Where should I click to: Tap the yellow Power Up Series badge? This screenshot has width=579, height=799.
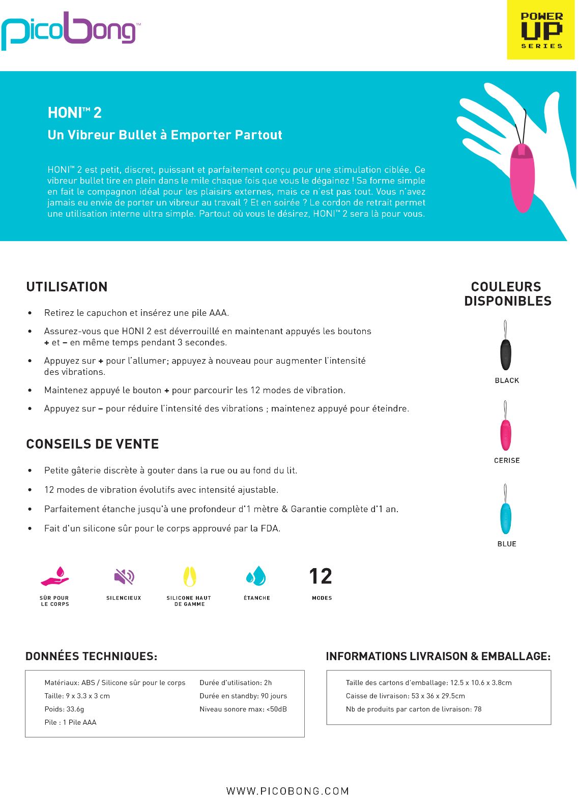(541, 31)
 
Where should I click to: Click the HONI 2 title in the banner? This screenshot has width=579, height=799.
(75, 112)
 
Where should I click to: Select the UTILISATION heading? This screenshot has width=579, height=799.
(67, 287)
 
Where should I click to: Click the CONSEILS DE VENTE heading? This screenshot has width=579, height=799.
(92, 444)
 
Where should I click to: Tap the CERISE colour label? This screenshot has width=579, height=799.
(507, 460)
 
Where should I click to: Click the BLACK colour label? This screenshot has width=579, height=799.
(507, 380)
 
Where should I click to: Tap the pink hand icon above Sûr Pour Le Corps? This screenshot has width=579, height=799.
(55, 577)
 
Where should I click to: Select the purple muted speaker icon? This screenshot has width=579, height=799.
(124, 577)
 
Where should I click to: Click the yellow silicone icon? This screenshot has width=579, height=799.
(189, 577)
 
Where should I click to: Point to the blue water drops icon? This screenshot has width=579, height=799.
(256, 576)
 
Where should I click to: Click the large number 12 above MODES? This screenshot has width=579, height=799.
(321, 576)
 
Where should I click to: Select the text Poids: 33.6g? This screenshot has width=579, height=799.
(64, 709)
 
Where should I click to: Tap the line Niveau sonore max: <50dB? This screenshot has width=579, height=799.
(243, 709)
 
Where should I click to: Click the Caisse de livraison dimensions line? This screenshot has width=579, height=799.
(405, 696)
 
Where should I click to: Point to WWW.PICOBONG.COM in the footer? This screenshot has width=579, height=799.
(288, 791)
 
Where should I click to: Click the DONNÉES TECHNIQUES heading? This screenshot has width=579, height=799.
(91, 656)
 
